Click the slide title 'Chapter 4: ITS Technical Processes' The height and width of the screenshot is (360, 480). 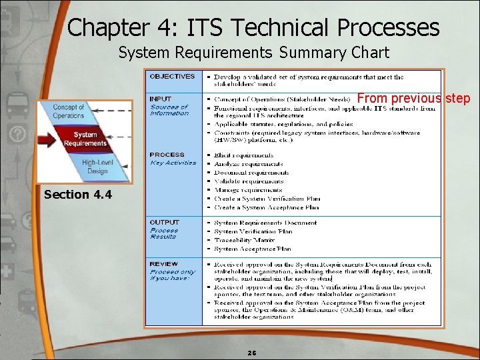click(253, 27)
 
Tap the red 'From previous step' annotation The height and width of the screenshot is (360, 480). click(413, 99)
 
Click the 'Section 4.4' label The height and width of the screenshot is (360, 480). click(78, 195)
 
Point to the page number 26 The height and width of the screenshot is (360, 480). click(251, 352)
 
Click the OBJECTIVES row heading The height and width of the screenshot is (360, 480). click(172, 77)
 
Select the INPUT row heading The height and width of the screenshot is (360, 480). click(161, 99)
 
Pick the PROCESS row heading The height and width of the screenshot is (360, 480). click(167, 155)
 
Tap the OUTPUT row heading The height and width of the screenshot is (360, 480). click(165, 222)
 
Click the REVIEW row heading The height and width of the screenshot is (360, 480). click(165, 264)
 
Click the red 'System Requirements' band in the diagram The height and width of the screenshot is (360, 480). click(85, 139)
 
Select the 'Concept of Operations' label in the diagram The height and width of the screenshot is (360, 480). click(69, 111)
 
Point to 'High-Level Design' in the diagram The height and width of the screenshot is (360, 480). click(97, 167)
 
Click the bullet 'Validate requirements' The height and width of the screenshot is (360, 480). click(249, 181)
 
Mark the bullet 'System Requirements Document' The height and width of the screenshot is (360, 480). click(265, 223)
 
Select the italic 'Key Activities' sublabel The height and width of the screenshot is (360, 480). click(173, 163)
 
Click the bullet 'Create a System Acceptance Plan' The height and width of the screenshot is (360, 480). click(267, 207)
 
